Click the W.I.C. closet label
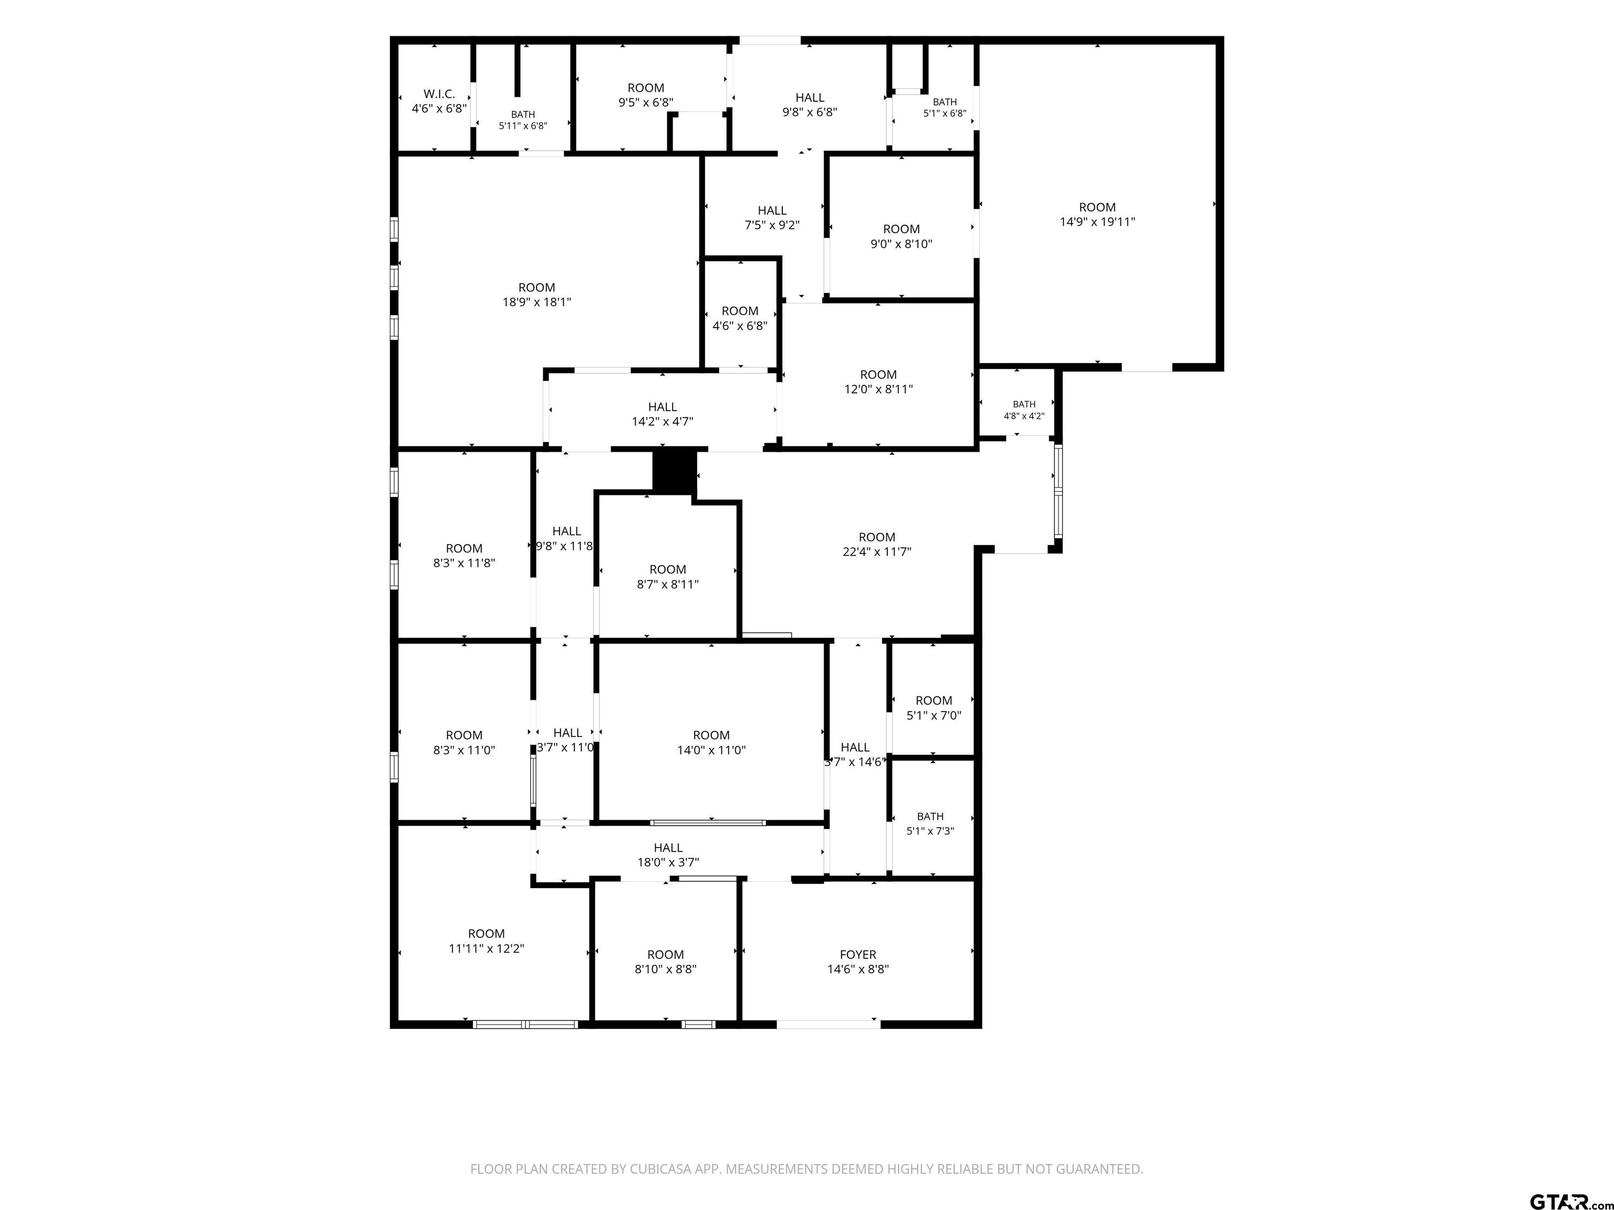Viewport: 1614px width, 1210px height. (439, 94)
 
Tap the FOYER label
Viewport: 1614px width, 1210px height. (858, 955)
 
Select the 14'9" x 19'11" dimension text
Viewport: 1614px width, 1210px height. (1098, 222)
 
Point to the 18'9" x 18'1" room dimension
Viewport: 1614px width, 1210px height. (536, 302)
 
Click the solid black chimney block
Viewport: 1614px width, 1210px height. (674, 472)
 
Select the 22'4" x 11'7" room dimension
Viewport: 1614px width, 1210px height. (877, 552)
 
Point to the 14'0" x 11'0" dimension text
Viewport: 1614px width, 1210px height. (711, 750)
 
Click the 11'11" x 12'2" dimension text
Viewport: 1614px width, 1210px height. (487, 948)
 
